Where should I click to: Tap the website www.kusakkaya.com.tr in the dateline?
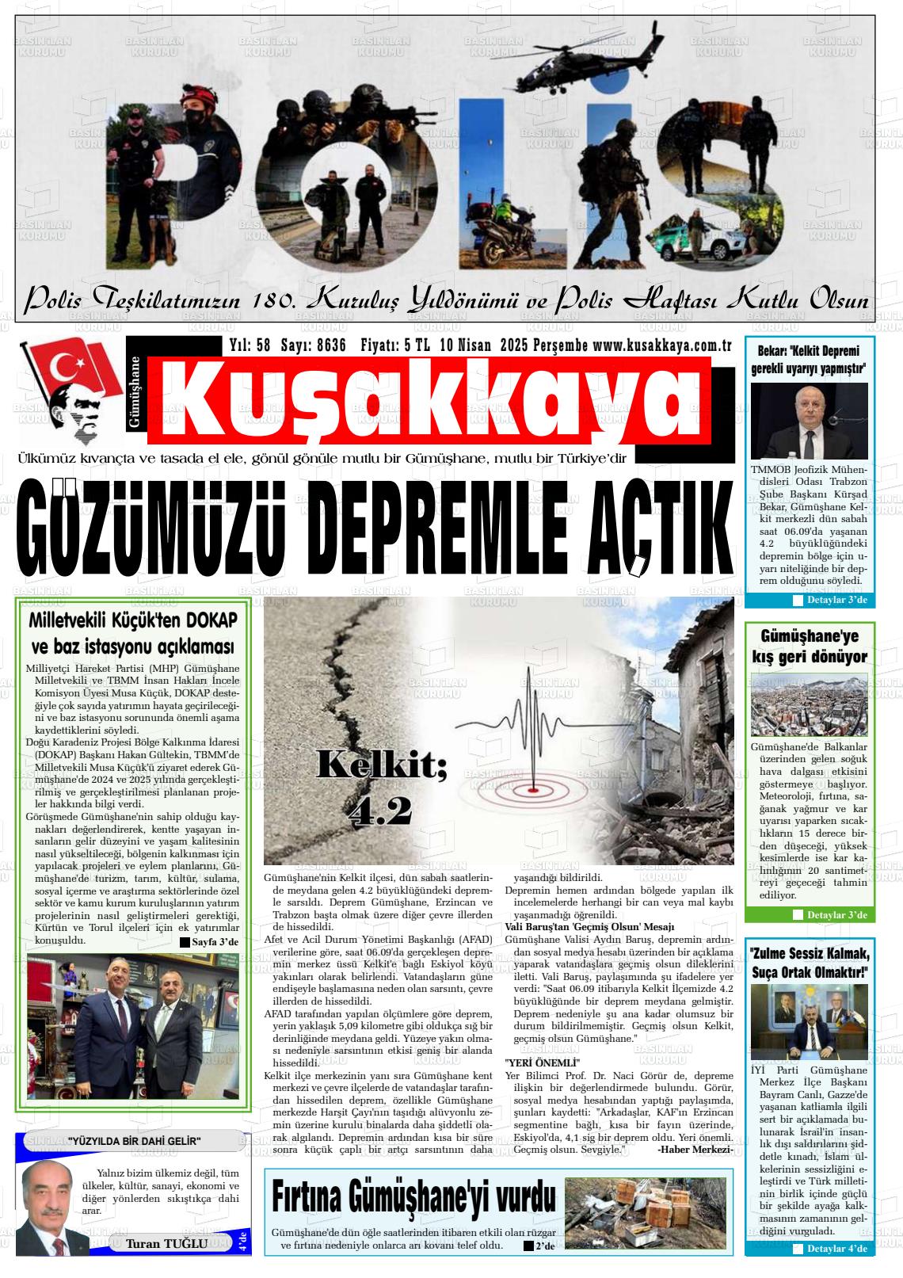(661, 345)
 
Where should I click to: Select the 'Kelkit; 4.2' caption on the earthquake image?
(381, 788)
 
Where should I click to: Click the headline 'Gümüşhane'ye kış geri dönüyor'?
(809, 646)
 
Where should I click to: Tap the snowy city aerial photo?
(809, 704)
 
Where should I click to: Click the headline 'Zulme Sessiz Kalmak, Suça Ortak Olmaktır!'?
(809, 962)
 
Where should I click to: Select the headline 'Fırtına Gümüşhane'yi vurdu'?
(413, 1199)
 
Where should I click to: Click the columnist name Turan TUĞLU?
(166, 1243)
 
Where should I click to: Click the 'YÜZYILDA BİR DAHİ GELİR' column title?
(134, 1141)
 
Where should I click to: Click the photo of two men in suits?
(133, 1026)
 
